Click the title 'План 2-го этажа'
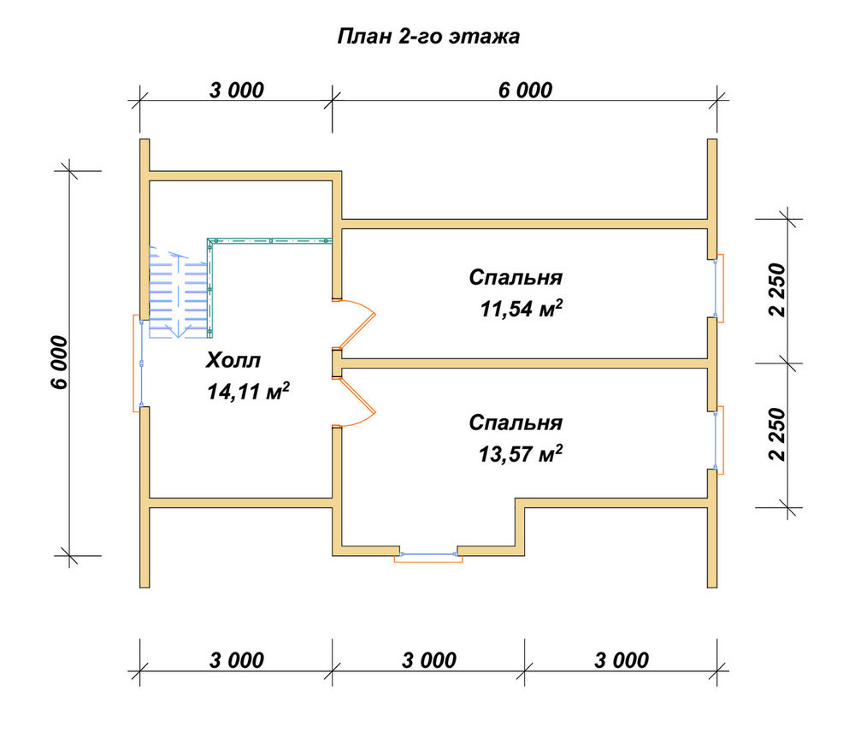click(x=428, y=37)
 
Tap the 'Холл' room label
click(x=233, y=360)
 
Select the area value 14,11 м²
click(x=248, y=391)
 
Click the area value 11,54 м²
click(x=522, y=309)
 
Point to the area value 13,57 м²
click(x=521, y=453)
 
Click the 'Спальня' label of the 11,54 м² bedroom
click(x=516, y=277)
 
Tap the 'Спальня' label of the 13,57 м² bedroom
click(x=516, y=422)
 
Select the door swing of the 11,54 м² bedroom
click(x=355, y=324)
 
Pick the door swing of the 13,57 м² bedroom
click(x=355, y=401)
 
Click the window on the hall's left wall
click(x=139, y=363)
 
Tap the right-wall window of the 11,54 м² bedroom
click(x=719, y=288)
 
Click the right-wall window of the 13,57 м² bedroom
click(x=719, y=440)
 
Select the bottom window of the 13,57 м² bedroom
click(x=428, y=556)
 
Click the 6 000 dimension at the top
click(x=525, y=90)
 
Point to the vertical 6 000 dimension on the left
click(x=60, y=363)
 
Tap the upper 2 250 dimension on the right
click(x=777, y=290)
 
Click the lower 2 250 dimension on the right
click(x=777, y=434)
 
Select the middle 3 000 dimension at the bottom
click(x=428, y=660)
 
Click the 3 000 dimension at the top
click(x=236, y=90)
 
